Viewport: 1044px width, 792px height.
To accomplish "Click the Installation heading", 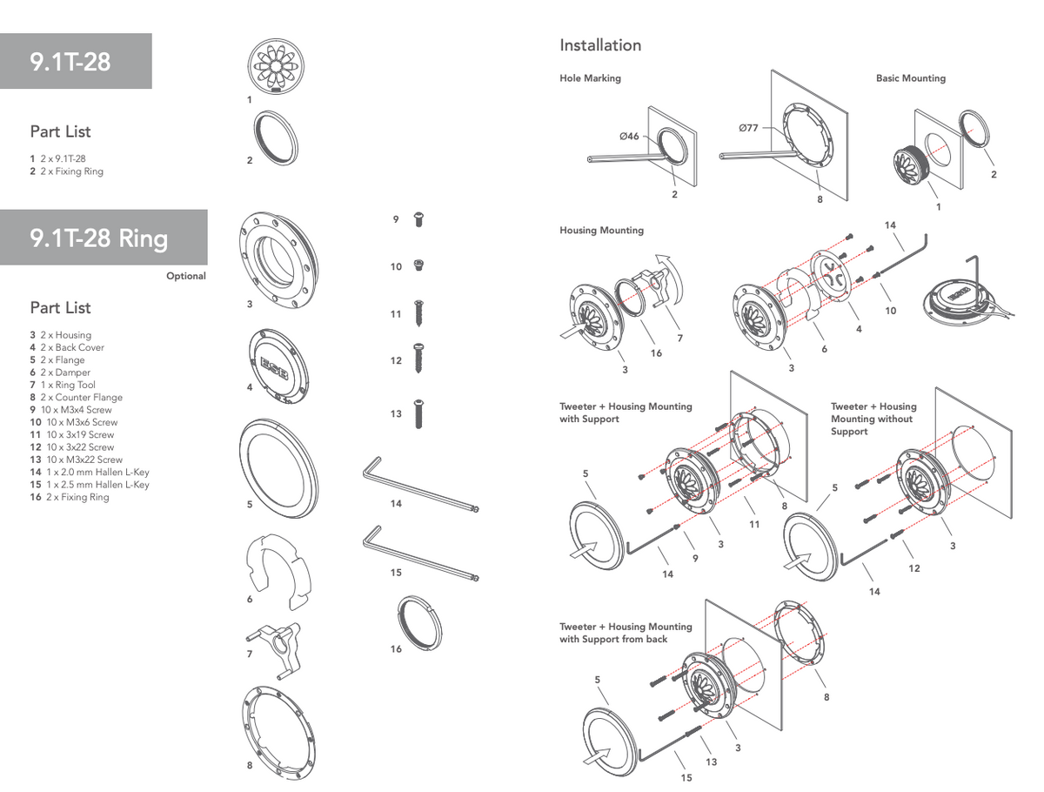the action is coord(600,45).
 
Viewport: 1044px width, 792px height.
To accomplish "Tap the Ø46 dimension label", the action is coord(629,136).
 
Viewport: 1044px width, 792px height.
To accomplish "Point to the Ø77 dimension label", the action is coord(748,128).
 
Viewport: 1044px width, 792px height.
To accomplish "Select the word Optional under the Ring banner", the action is coord(186,277).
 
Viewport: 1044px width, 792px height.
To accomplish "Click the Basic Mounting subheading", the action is coord(911,78).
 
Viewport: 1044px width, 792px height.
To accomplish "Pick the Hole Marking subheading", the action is coord(590,78).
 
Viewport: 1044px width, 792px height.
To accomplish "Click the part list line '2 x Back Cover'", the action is coord(72,348).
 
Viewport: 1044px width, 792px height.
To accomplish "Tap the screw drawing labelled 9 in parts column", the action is coord(418,220).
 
